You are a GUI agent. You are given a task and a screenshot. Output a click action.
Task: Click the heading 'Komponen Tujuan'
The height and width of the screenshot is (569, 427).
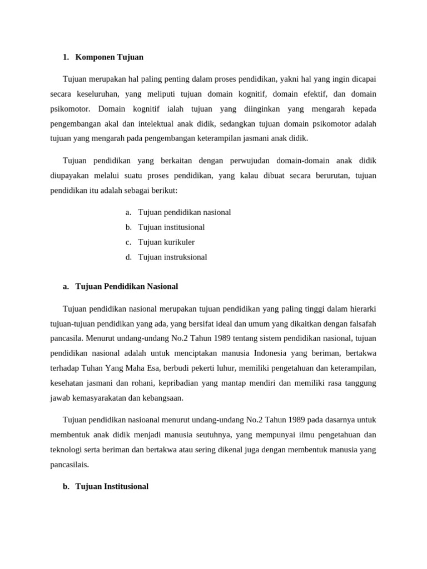tap(109, 57)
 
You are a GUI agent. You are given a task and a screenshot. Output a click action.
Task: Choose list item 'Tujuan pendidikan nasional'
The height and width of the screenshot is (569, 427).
tap(184, 212)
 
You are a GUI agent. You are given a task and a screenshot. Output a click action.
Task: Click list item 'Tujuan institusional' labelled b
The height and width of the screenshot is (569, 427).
tap(171, 227)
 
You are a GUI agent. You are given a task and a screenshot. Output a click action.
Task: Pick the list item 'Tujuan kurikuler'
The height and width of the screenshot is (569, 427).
tap(166, 242)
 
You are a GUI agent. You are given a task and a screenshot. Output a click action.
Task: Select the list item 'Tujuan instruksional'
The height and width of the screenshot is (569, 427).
tap(172, 257)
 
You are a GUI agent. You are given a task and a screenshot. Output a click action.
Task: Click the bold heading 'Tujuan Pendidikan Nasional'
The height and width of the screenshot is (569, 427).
tap(126, 286)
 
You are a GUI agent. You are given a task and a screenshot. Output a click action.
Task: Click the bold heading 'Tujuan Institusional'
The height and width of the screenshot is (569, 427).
tap(112, 486)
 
